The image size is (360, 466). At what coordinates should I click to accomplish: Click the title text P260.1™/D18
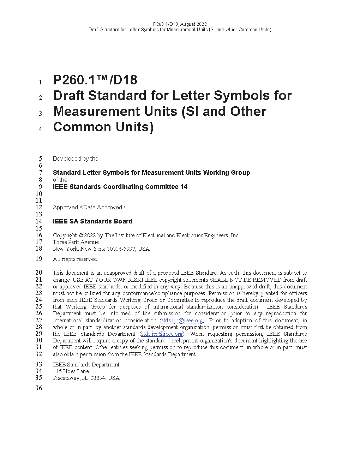95,80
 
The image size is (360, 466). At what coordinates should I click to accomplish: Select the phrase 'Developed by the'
76,159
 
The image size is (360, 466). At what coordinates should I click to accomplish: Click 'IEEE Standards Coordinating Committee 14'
120,187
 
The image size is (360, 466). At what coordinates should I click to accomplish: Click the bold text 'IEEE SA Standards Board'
92,221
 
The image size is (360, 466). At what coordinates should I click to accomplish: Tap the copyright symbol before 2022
80,235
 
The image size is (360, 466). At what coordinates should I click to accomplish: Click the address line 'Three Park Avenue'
76,242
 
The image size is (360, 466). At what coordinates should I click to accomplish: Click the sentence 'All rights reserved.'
75,259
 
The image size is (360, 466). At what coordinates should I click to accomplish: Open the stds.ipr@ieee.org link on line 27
182,321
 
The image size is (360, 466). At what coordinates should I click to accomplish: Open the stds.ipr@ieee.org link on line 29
162,334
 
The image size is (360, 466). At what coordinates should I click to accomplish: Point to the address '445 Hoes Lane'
71,371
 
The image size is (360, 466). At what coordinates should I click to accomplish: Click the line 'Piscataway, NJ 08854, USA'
86,378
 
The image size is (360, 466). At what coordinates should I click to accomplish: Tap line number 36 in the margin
38,388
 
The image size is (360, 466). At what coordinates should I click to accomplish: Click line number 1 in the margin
40,82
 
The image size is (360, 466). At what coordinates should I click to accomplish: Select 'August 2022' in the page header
193,24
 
